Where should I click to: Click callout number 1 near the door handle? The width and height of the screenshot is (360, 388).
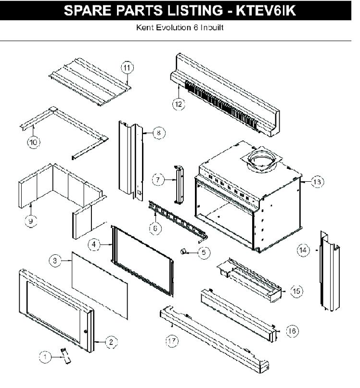pos(45,356)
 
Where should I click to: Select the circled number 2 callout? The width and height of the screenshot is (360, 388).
pos(110,342)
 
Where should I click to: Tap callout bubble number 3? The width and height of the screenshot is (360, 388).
pos(56,261)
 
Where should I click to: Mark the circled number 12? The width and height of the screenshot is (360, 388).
pos(179,103)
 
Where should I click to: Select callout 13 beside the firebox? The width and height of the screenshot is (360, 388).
pos(317,182)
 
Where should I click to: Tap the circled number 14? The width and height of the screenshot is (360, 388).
pos(303,250)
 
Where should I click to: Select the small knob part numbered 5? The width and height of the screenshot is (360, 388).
pos(184,250)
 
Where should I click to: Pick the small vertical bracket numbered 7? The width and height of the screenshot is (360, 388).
pos(179,184)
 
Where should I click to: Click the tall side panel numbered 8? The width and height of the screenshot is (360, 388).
pos(129,159)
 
